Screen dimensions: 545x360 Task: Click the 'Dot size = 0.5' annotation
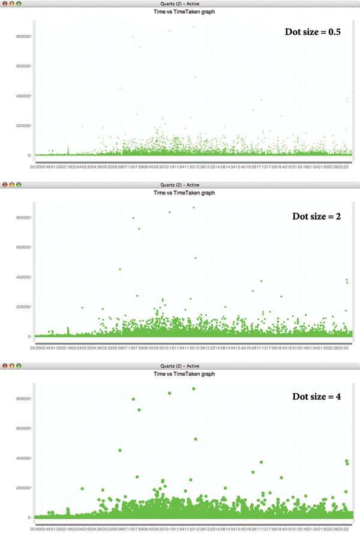coord(313,32)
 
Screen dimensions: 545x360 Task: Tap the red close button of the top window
coord(5,4)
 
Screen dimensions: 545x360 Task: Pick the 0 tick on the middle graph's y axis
coord(28,336)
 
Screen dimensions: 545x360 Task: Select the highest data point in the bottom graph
coord(193,389)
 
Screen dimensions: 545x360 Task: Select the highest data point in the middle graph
coord(193,208)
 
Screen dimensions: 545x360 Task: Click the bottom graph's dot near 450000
coord(120,450)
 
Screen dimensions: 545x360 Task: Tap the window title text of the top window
coord(180,4)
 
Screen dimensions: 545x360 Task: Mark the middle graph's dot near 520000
coord(196,258)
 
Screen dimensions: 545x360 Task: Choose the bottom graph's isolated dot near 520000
coord(196,439)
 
